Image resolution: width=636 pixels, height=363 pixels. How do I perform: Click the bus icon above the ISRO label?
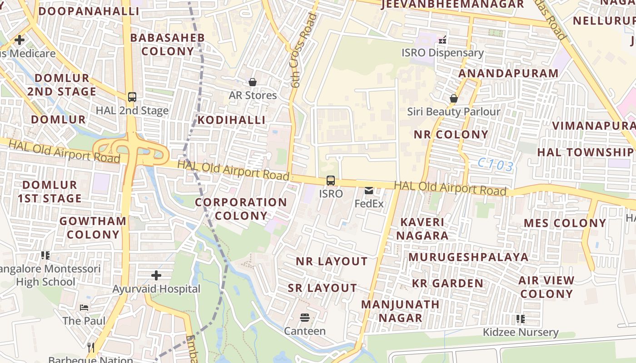point(331,181)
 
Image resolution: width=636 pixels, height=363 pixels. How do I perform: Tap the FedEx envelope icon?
point(369,191)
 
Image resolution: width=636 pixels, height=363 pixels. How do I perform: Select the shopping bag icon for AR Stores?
point(253,82)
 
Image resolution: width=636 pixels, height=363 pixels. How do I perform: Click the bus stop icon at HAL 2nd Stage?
point(132,97)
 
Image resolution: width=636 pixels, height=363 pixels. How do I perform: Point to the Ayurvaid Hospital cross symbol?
point(156,275)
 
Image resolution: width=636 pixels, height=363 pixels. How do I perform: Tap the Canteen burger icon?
point(305,318)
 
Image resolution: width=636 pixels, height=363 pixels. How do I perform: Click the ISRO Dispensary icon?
point(442,40)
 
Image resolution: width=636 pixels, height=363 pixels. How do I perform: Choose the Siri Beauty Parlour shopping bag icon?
point(453,98)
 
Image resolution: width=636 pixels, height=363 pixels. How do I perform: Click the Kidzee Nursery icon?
point(521,319)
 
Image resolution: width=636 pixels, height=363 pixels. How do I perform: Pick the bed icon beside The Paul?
point(84,308)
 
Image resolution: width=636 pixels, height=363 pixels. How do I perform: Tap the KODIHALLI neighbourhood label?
point(231,120)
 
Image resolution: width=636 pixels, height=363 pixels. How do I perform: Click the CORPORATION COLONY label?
point(241,209)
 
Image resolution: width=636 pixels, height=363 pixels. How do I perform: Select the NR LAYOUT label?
point(332,261)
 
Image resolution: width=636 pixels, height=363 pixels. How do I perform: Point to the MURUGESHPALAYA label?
point(468,257)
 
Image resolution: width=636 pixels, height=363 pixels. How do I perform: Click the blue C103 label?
point(496,165)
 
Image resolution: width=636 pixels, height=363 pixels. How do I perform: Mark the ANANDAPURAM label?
point(508,74)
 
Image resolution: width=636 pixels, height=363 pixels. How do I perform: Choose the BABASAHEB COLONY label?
point(168,44)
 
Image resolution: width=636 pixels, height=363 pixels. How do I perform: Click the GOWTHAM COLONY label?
point(93,228)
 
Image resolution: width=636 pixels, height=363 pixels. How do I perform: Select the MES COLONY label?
point(565,223)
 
